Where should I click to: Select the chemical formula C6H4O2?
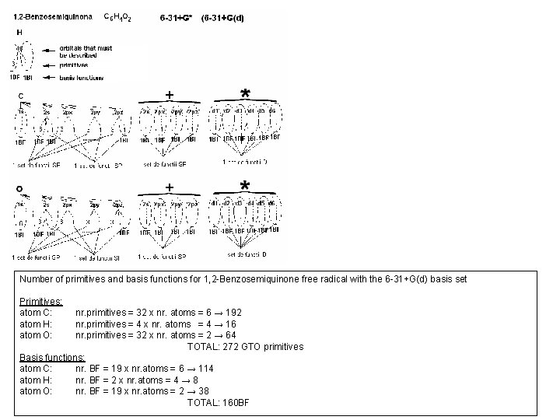pos(117,17)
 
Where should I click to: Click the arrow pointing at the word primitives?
pos(52,66)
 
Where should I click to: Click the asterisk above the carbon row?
pos(245,93)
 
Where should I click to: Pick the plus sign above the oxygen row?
pos(170,187)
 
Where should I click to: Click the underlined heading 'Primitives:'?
pos(41,299)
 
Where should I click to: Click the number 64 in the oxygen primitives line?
pos(209,335)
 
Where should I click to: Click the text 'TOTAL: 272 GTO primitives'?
pos(245,346)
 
